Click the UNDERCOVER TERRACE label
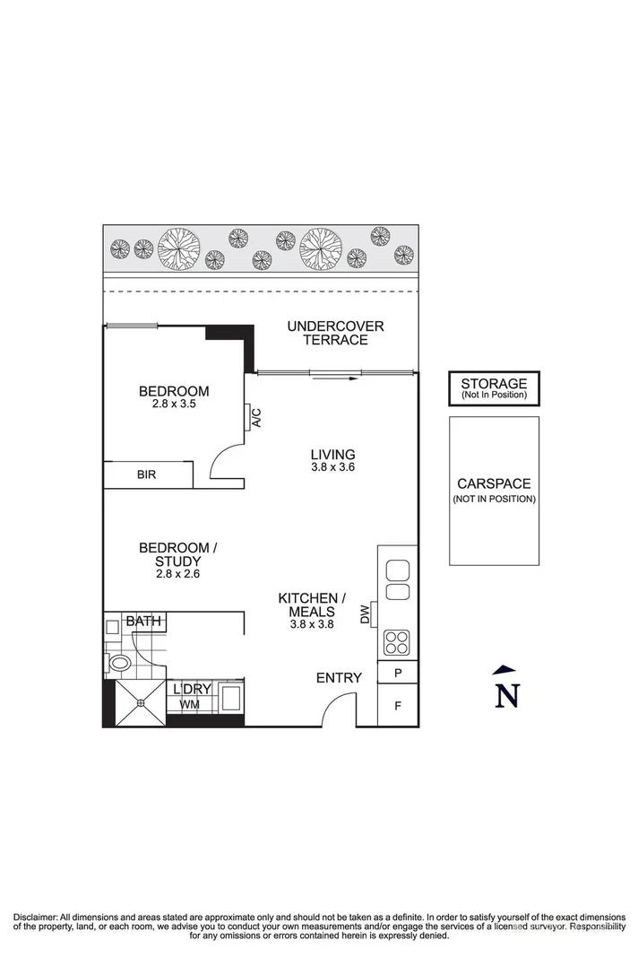335,333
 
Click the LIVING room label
332,454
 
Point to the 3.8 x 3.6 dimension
332,467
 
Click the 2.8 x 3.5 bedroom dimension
174,405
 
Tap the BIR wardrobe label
146,474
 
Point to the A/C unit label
255,418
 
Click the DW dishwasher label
365,614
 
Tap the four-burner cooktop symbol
397,642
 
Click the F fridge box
398,706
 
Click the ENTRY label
339,678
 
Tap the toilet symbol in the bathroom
118,664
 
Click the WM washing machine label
189,705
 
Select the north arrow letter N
508,695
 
